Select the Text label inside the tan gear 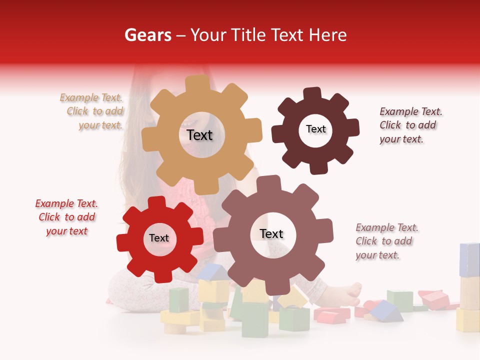point(199,135)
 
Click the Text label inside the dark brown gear point(315,129)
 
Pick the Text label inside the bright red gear point(159,238)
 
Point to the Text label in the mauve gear point(271,233)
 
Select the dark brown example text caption point(410,125)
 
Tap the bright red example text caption point(66,217)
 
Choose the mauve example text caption point(386,241)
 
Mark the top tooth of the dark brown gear point(312,93)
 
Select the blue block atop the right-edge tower point(469,259)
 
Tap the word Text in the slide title point(287,35)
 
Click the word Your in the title point(208,35)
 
